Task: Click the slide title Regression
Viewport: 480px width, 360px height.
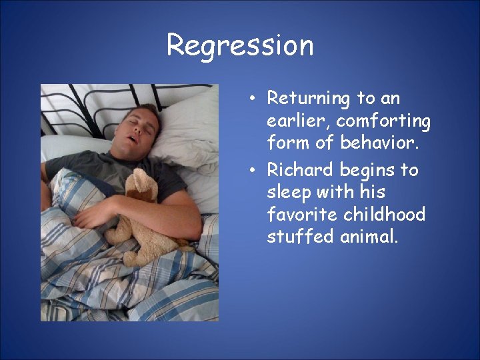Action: click(x=240, y=45)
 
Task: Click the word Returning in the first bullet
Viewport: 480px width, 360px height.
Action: click(x=309, y=99)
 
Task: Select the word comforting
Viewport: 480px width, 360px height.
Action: click(x=383, y=121)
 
